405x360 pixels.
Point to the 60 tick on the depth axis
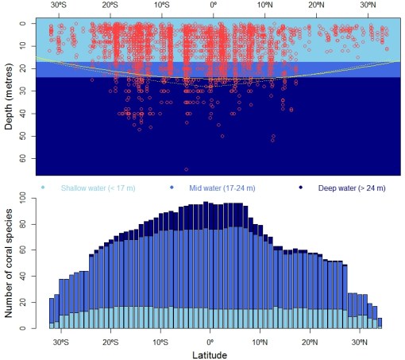pos(23,158)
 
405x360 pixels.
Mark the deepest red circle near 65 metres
pos(187,169)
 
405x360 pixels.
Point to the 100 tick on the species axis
pos(23,198)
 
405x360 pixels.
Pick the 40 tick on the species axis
pos(23,276)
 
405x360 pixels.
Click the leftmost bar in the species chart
pos(52,314)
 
